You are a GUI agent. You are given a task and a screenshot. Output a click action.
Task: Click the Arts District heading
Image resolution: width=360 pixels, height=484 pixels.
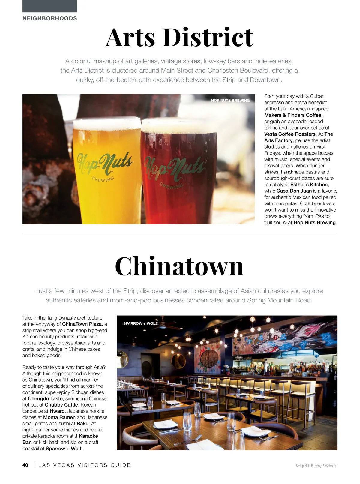pyautogui.click(x=179, y=37)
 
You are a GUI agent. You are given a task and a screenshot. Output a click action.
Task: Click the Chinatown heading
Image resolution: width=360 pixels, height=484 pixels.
pyautogui.click(x=179, y=266)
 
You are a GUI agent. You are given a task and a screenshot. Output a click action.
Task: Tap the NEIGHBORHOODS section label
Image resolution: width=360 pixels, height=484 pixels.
pyautogui.click(x=50, y=18)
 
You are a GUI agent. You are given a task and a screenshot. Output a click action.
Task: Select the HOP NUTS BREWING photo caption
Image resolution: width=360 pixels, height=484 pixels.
pyautogui.click(x=230, y=101)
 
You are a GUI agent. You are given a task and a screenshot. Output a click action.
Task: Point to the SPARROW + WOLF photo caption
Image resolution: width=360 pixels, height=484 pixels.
pyautogui.click(x=140, y=323)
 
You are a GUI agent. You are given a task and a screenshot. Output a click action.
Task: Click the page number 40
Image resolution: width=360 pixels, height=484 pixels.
pyautogui.click(x=25, y=465)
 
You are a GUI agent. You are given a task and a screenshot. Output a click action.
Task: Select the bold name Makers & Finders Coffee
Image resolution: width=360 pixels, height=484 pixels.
pyautogui.click(x=293, y=115)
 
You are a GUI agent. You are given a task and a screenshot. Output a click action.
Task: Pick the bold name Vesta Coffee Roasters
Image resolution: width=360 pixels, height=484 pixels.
pyautogui.click(x=290, y=134)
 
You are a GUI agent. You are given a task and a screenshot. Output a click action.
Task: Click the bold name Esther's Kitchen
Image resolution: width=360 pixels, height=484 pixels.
pyautogui.click(x=309, y=185)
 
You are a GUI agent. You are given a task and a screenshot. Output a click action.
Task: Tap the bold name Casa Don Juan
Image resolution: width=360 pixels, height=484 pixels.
pyautogui.click(x=294, y=191)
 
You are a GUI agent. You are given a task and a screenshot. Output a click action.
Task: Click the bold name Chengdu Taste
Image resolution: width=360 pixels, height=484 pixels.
pyautogui.click(x=45, y=398)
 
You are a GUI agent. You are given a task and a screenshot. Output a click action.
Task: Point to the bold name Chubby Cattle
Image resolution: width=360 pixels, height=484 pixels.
pyautogui.click(x=61, y=405)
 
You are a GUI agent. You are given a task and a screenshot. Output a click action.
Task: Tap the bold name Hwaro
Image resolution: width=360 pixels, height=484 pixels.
pyautogui.click(x=57, y=411)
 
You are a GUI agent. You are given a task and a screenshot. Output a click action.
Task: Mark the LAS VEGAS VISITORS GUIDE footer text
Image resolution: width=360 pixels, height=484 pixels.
pyautogui.click(x=85, y=465)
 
